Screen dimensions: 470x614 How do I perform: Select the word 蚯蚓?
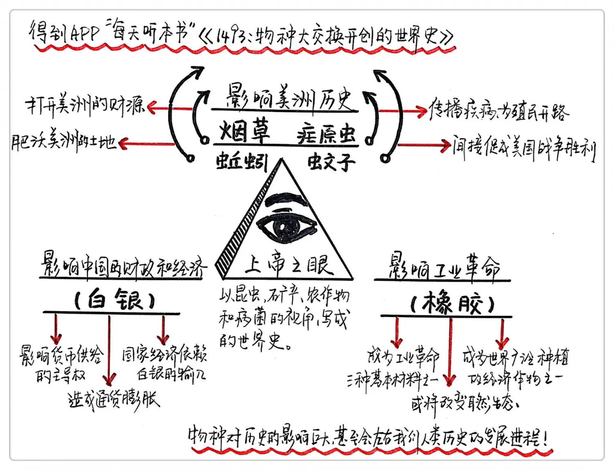242,162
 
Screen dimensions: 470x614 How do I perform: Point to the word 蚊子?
331,162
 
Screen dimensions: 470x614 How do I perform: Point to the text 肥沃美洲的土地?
64,141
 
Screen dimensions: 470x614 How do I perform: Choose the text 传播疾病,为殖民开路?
499,111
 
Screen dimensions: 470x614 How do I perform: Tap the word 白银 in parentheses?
115,300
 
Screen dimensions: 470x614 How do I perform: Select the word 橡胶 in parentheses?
452,304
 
